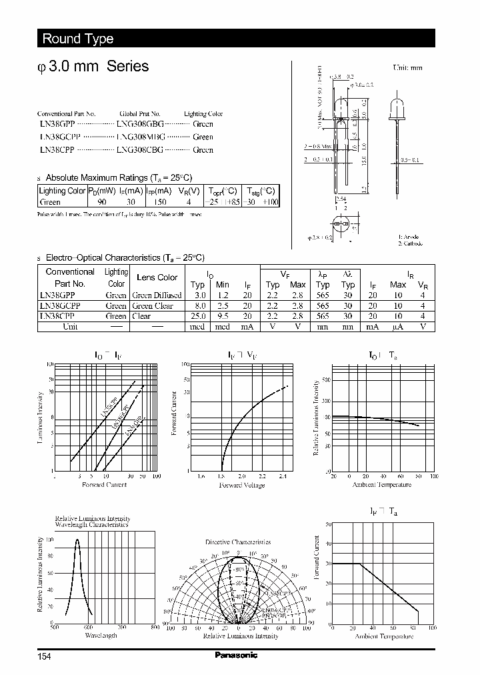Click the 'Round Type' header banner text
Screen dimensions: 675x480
click(x=78, y=39)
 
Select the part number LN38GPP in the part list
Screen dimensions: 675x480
click(x=57, y=124)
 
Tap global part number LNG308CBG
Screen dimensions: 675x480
click(x=139, y=150)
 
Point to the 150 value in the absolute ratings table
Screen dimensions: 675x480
click(x=160, y=201)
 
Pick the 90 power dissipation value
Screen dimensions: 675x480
click(x=102, y=201)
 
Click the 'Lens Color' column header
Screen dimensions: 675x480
click(x=157, y=277)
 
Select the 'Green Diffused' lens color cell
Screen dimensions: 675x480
click(x=157, y=295)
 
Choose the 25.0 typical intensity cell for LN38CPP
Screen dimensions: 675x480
click(x=199, y=316)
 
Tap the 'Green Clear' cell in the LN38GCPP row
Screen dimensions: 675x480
click(x=153, y=305)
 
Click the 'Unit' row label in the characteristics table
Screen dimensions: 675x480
click(x=70, y=327)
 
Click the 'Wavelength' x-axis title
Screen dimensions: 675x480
click(x=101, y=636)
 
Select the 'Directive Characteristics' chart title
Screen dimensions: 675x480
click(x=238, y=543)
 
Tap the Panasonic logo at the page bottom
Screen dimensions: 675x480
click(x=236, y=655)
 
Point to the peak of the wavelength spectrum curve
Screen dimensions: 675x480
click(x=77, y=539)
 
